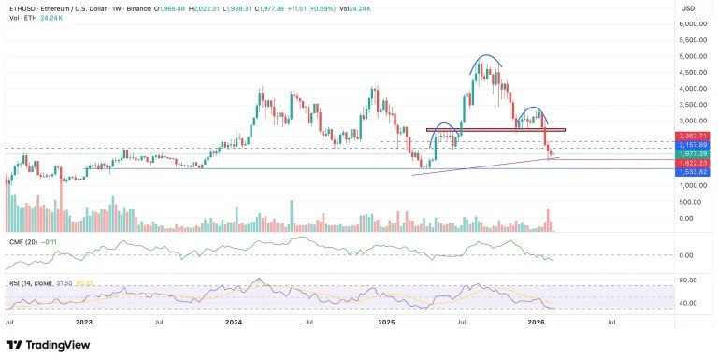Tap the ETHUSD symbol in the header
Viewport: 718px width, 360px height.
21,9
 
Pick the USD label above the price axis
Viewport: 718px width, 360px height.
687,9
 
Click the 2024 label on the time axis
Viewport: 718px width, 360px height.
234,321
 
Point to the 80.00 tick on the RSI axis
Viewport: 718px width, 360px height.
689,281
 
